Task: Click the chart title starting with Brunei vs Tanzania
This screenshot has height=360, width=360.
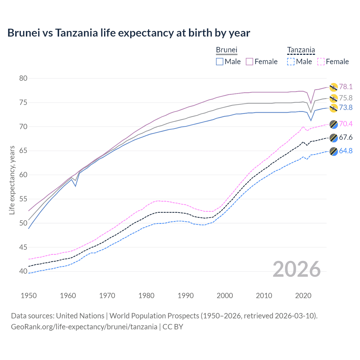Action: tap(129, 33)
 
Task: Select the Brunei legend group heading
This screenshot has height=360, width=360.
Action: tap(226, 50)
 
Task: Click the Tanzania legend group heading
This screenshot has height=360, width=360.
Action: tap(301, 50)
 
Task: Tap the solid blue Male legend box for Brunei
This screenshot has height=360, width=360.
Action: tap(220, 62)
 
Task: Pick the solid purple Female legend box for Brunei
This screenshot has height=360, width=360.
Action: tap(250, 62)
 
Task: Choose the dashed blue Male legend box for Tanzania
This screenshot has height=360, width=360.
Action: tap(291, 62)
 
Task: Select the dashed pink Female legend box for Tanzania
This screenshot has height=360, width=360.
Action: tap(321, 62)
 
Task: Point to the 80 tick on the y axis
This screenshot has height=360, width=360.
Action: tap(23, 78)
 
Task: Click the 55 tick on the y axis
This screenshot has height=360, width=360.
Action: tap(23, 199)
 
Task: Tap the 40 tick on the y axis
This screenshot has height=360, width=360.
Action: tap(23, 271)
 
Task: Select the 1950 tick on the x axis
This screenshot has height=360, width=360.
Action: tap(29, 296)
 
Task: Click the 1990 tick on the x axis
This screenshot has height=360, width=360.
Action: tap(186, 296)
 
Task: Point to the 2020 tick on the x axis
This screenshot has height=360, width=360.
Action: tap(303, 296)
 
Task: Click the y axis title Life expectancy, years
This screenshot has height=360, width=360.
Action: tap(12, 180)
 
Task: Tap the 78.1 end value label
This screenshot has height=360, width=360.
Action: tap(346, 87)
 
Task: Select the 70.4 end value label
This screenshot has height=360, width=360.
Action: tap(346, 124)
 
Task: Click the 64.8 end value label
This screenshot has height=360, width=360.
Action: tap(346, 151)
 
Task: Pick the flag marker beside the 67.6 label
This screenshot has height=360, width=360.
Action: tap(334, 138)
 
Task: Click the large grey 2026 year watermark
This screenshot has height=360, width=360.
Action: tap(296, 269)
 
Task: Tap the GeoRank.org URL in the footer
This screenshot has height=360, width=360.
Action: tap(84, 327)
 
